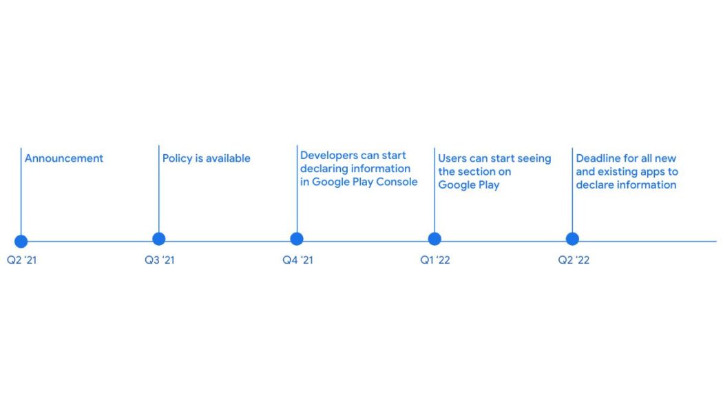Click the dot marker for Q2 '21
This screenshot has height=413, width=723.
pos(21,241)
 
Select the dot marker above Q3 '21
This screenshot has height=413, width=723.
pos(159,239)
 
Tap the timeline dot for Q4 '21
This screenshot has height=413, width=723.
pos(297,239)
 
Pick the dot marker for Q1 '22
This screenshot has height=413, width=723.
pos(434,239)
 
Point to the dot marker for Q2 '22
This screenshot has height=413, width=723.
pos(572,239)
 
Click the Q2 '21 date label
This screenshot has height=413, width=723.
pos(21,260)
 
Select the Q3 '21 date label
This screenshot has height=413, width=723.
pos(159,260)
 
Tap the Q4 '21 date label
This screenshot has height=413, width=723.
pos(297,260)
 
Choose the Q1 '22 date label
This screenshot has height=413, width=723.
pos(435,260)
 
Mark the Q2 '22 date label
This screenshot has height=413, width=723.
pos(573,260)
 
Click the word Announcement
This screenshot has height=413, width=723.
pos(64,158)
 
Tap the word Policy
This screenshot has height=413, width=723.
pos(177,158)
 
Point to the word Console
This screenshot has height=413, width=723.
pos(397,182)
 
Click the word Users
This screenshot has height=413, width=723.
pos(452,158)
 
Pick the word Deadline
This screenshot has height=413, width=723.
pos(598,158)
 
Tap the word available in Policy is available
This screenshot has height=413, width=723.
pos(228,158)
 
